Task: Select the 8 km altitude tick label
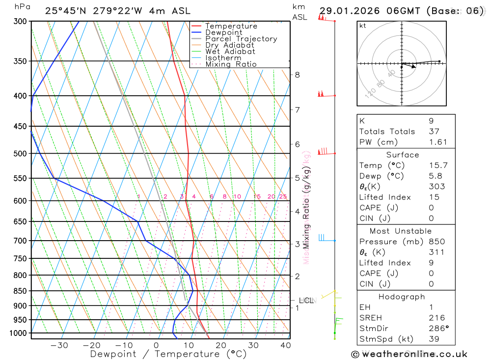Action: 297,75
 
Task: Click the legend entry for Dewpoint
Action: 223,32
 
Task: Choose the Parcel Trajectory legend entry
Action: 241,39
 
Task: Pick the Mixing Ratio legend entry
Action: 231,64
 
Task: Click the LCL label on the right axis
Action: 306,301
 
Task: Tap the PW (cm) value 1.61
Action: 438,142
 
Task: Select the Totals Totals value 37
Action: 434,132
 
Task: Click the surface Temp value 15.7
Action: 438,166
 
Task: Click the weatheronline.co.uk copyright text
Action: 409,354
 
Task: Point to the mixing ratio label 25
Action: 283,196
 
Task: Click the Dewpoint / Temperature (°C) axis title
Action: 168,354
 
